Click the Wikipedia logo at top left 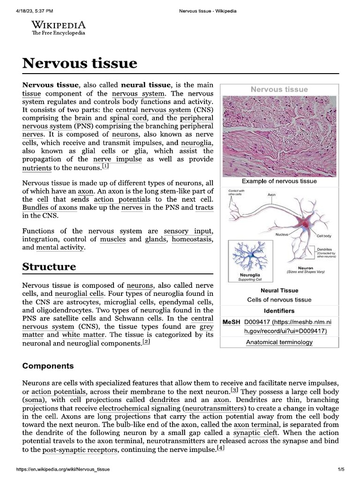coord(59,28)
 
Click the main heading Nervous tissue coord(80,63)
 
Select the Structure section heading coord(49,267)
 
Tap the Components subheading coord(48,366)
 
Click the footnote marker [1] coord(105,166)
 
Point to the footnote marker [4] coord(221,449)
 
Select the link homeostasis coord(192,240)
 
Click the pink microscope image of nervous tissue coord(279,136)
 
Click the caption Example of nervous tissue coord(279,181)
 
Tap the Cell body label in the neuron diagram coord(324,236)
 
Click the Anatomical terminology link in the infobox coord(279,342)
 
